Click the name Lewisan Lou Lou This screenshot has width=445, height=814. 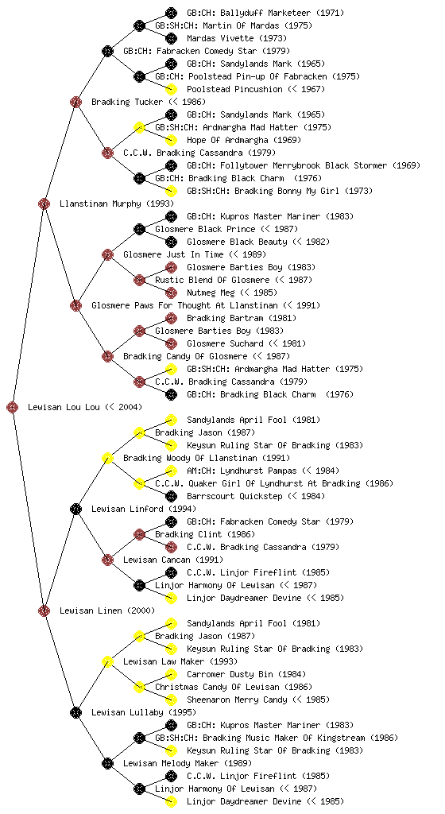64,407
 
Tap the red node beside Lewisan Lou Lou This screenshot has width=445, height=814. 13,407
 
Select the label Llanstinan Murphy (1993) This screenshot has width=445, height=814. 117,203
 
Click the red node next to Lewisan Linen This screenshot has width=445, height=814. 44,610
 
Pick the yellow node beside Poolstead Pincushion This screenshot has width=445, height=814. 171,89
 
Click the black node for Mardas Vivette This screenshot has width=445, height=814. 171,38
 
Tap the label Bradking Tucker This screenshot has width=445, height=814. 127,102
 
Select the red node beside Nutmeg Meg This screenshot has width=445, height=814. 171,293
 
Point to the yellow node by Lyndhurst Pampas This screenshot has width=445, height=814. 171,471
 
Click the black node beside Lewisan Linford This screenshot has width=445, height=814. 75,509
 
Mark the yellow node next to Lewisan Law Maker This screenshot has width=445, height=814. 107,661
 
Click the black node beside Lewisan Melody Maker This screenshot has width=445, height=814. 107,763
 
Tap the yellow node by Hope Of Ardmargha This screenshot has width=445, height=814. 171,140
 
